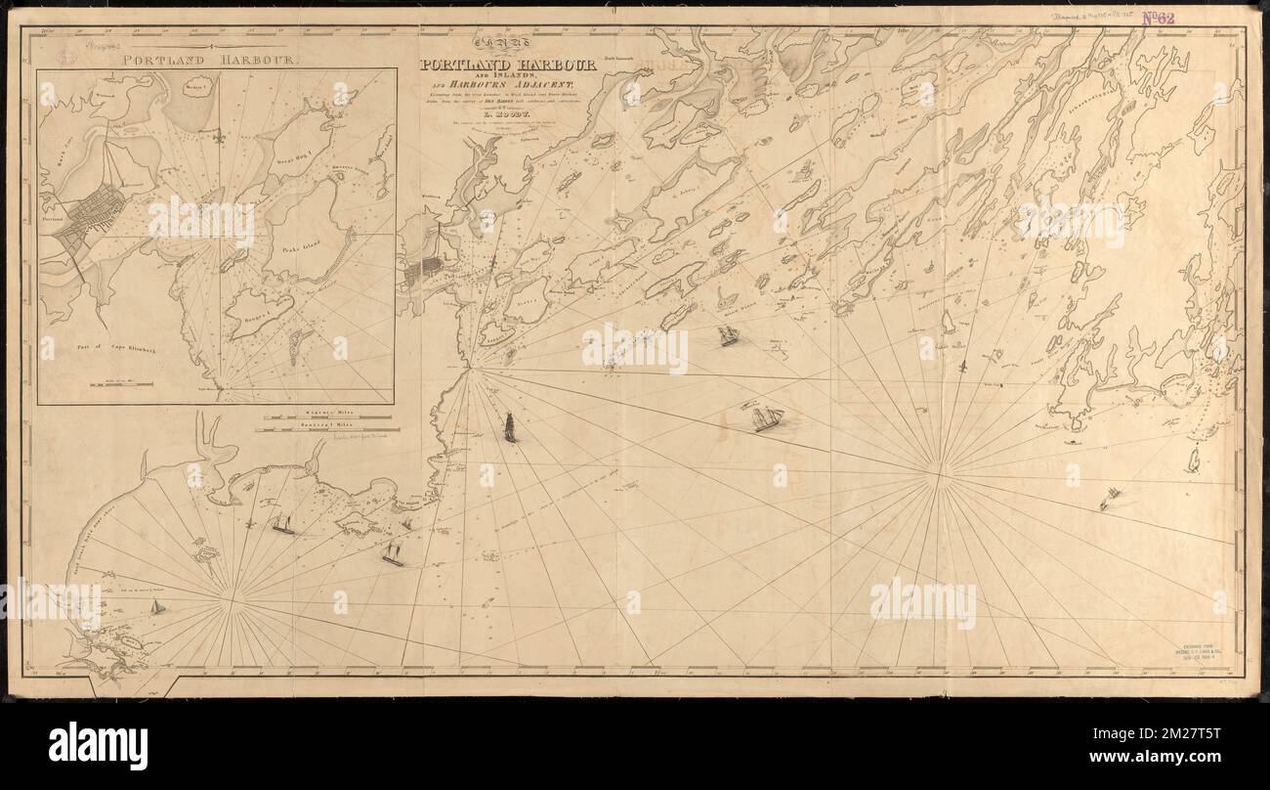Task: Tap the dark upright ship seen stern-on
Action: [x=509, y=427]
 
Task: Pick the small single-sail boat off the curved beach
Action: [x=155, y=607]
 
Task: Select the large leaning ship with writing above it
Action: [x=767, y=418]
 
